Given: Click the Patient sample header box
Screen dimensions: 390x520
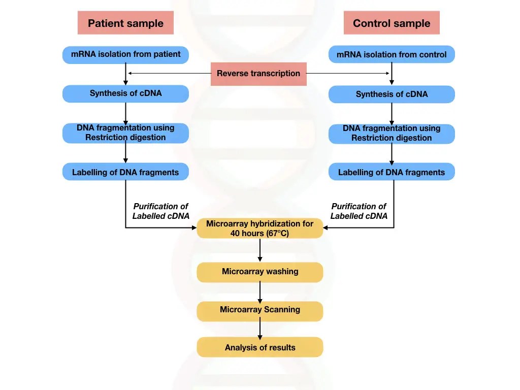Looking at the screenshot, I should tap(125, 23).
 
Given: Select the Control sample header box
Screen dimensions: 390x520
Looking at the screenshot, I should tap(392, 23).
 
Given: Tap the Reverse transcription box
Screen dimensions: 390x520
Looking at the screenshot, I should tap(258, 74).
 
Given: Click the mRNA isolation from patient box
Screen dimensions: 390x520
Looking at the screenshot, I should tap(125, 54).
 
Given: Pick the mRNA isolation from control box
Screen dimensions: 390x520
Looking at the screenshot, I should tap(392, 54).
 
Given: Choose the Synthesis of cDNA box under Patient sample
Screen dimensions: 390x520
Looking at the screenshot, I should tap(125, 93).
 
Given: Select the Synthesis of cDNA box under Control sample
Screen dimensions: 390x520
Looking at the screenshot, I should tap(392, 94).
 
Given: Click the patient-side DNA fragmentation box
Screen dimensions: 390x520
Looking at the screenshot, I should tap(125, 133).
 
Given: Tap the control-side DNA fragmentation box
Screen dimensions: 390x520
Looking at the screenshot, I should tap(392, 133).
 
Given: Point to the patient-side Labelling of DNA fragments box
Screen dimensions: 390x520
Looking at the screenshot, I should tap(125, 172).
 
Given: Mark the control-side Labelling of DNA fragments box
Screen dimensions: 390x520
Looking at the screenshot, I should tap(392, 172).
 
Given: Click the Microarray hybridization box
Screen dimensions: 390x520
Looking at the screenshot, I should tap(259, 229).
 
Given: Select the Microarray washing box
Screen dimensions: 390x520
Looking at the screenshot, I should tap(259, 272).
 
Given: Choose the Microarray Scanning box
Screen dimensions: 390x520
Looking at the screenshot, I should tap(259, 310).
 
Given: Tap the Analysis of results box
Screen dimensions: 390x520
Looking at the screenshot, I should tap(259, 347).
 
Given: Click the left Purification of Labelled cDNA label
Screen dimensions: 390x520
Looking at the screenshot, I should tap(160, 211).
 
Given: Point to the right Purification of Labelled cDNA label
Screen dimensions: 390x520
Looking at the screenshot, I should tap(359, 211).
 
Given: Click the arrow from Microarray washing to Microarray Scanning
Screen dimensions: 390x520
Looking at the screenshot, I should tap(260, 291).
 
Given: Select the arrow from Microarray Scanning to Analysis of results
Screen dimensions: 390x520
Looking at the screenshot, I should tap(260, 329).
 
